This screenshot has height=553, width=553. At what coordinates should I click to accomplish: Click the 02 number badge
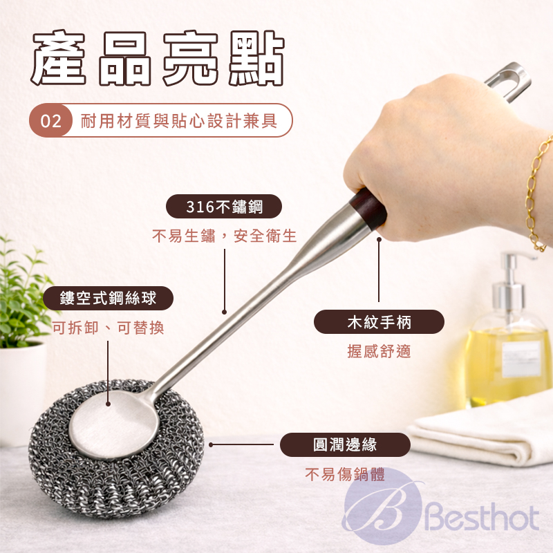(50, 120)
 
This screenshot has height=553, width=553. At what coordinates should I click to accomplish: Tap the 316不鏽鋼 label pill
(224, 206)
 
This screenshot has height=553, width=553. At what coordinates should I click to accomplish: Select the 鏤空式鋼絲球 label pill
(108, 299)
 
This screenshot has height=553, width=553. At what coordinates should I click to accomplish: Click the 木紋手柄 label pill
(379, 322)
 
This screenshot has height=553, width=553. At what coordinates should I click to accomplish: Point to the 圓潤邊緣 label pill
(345, 444)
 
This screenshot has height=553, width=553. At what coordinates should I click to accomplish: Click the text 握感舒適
(379, 352)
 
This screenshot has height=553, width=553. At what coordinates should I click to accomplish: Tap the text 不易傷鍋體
(345, 474)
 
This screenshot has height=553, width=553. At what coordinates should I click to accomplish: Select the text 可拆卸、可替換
(109, 328)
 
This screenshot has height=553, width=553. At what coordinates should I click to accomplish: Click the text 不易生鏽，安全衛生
(224, 236)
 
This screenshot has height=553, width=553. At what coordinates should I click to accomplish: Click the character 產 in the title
(59, 58)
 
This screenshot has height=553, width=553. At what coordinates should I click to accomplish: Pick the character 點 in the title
(256, 58)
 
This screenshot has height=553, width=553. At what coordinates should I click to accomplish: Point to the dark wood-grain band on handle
(368, 209)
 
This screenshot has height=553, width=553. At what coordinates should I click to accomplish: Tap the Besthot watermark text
(482, 518)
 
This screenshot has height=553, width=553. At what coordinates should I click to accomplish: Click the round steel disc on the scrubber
(112, 422)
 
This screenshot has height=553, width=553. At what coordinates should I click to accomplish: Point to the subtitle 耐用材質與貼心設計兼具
(179, 121)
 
